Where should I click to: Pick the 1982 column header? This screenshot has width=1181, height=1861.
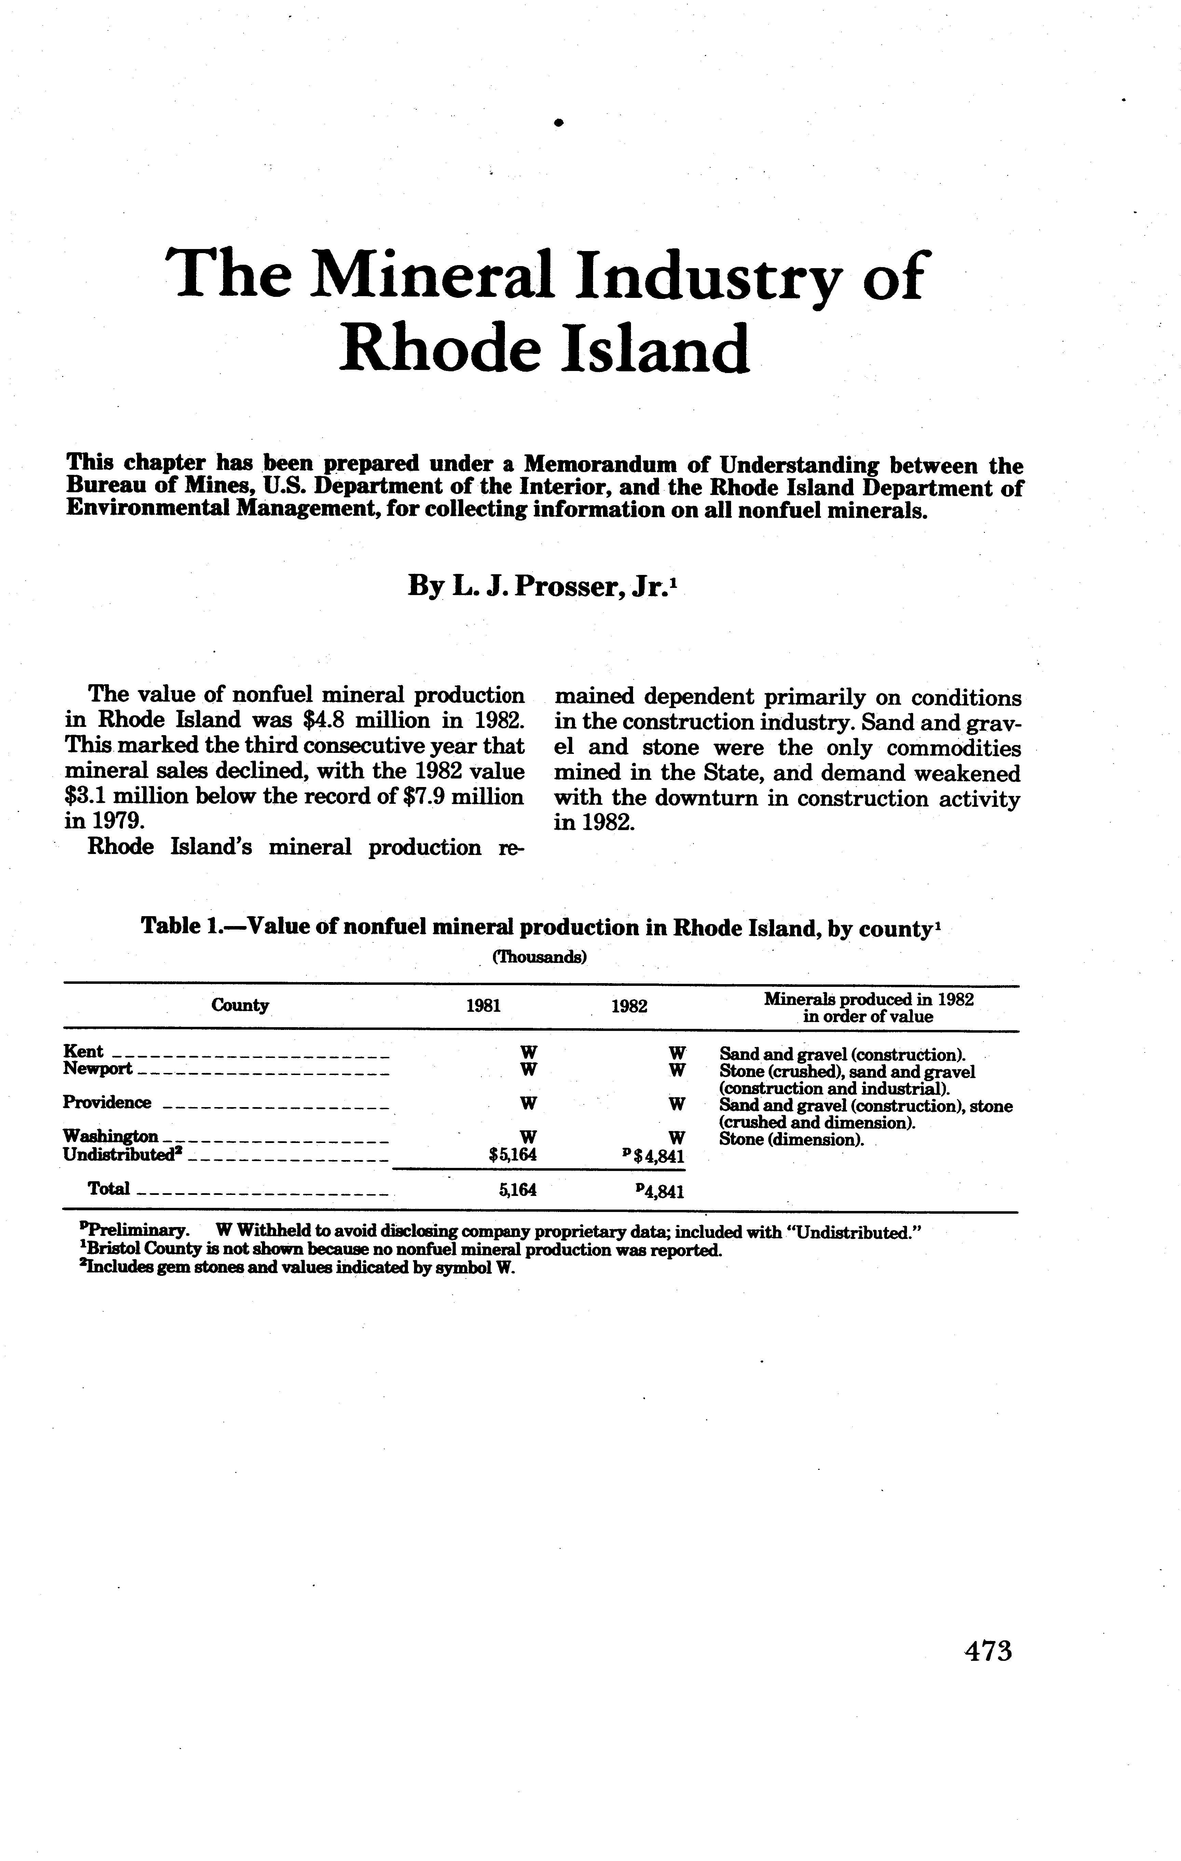pyautogui.click(x=628, y=1006)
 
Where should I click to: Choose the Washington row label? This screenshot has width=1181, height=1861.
pyautogui.click(x=111, y=1136)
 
